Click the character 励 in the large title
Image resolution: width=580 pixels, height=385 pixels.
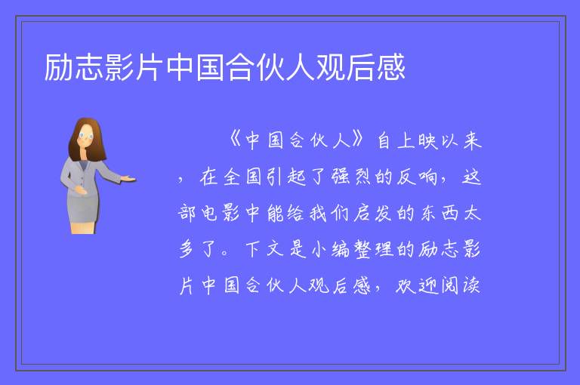coord(59,67)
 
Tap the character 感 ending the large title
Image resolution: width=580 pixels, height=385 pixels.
coord(391,67)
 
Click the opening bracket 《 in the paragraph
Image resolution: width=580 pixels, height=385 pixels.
coord(235,140)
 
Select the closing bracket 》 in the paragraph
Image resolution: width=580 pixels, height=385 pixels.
coord(358,140)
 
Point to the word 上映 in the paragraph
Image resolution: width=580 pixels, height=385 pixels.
coord(417,140)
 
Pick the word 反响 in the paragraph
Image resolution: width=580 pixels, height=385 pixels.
coord(417,177)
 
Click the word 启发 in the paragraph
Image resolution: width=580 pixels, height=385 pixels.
coord(372,213)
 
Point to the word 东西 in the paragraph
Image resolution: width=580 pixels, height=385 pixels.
coord(438,213)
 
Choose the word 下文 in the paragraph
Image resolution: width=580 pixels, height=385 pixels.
coord(265,249)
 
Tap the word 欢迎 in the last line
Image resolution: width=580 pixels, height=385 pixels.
coord(417,285)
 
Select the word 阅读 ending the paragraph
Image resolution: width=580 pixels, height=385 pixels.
coord(461,285)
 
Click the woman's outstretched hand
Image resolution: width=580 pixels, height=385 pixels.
coord(128,179)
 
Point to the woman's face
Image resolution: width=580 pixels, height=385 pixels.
coord(86,135)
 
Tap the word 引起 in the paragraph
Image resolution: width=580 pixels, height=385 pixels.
coord(286,177)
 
